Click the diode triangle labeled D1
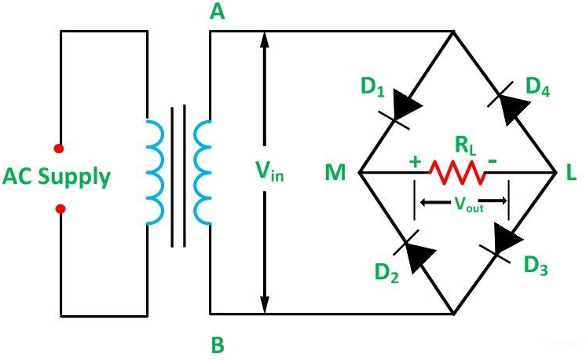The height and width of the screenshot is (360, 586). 405,104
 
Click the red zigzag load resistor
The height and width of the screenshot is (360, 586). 457,172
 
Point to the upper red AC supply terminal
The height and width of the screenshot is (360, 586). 58,149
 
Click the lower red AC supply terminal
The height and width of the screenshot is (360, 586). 60,208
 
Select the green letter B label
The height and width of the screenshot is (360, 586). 218,345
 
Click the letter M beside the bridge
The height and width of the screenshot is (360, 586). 335,173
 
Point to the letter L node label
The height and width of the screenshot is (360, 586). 571,173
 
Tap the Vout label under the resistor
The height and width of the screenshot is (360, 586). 469,204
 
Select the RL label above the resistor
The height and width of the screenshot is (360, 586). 466,145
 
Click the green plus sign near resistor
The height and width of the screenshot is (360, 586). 415,161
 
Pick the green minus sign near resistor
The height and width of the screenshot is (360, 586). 493,161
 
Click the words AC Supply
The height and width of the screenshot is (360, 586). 57,177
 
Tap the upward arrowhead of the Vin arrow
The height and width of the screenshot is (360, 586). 265,39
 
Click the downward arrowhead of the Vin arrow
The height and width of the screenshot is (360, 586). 265,304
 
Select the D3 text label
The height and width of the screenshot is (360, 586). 536,266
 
